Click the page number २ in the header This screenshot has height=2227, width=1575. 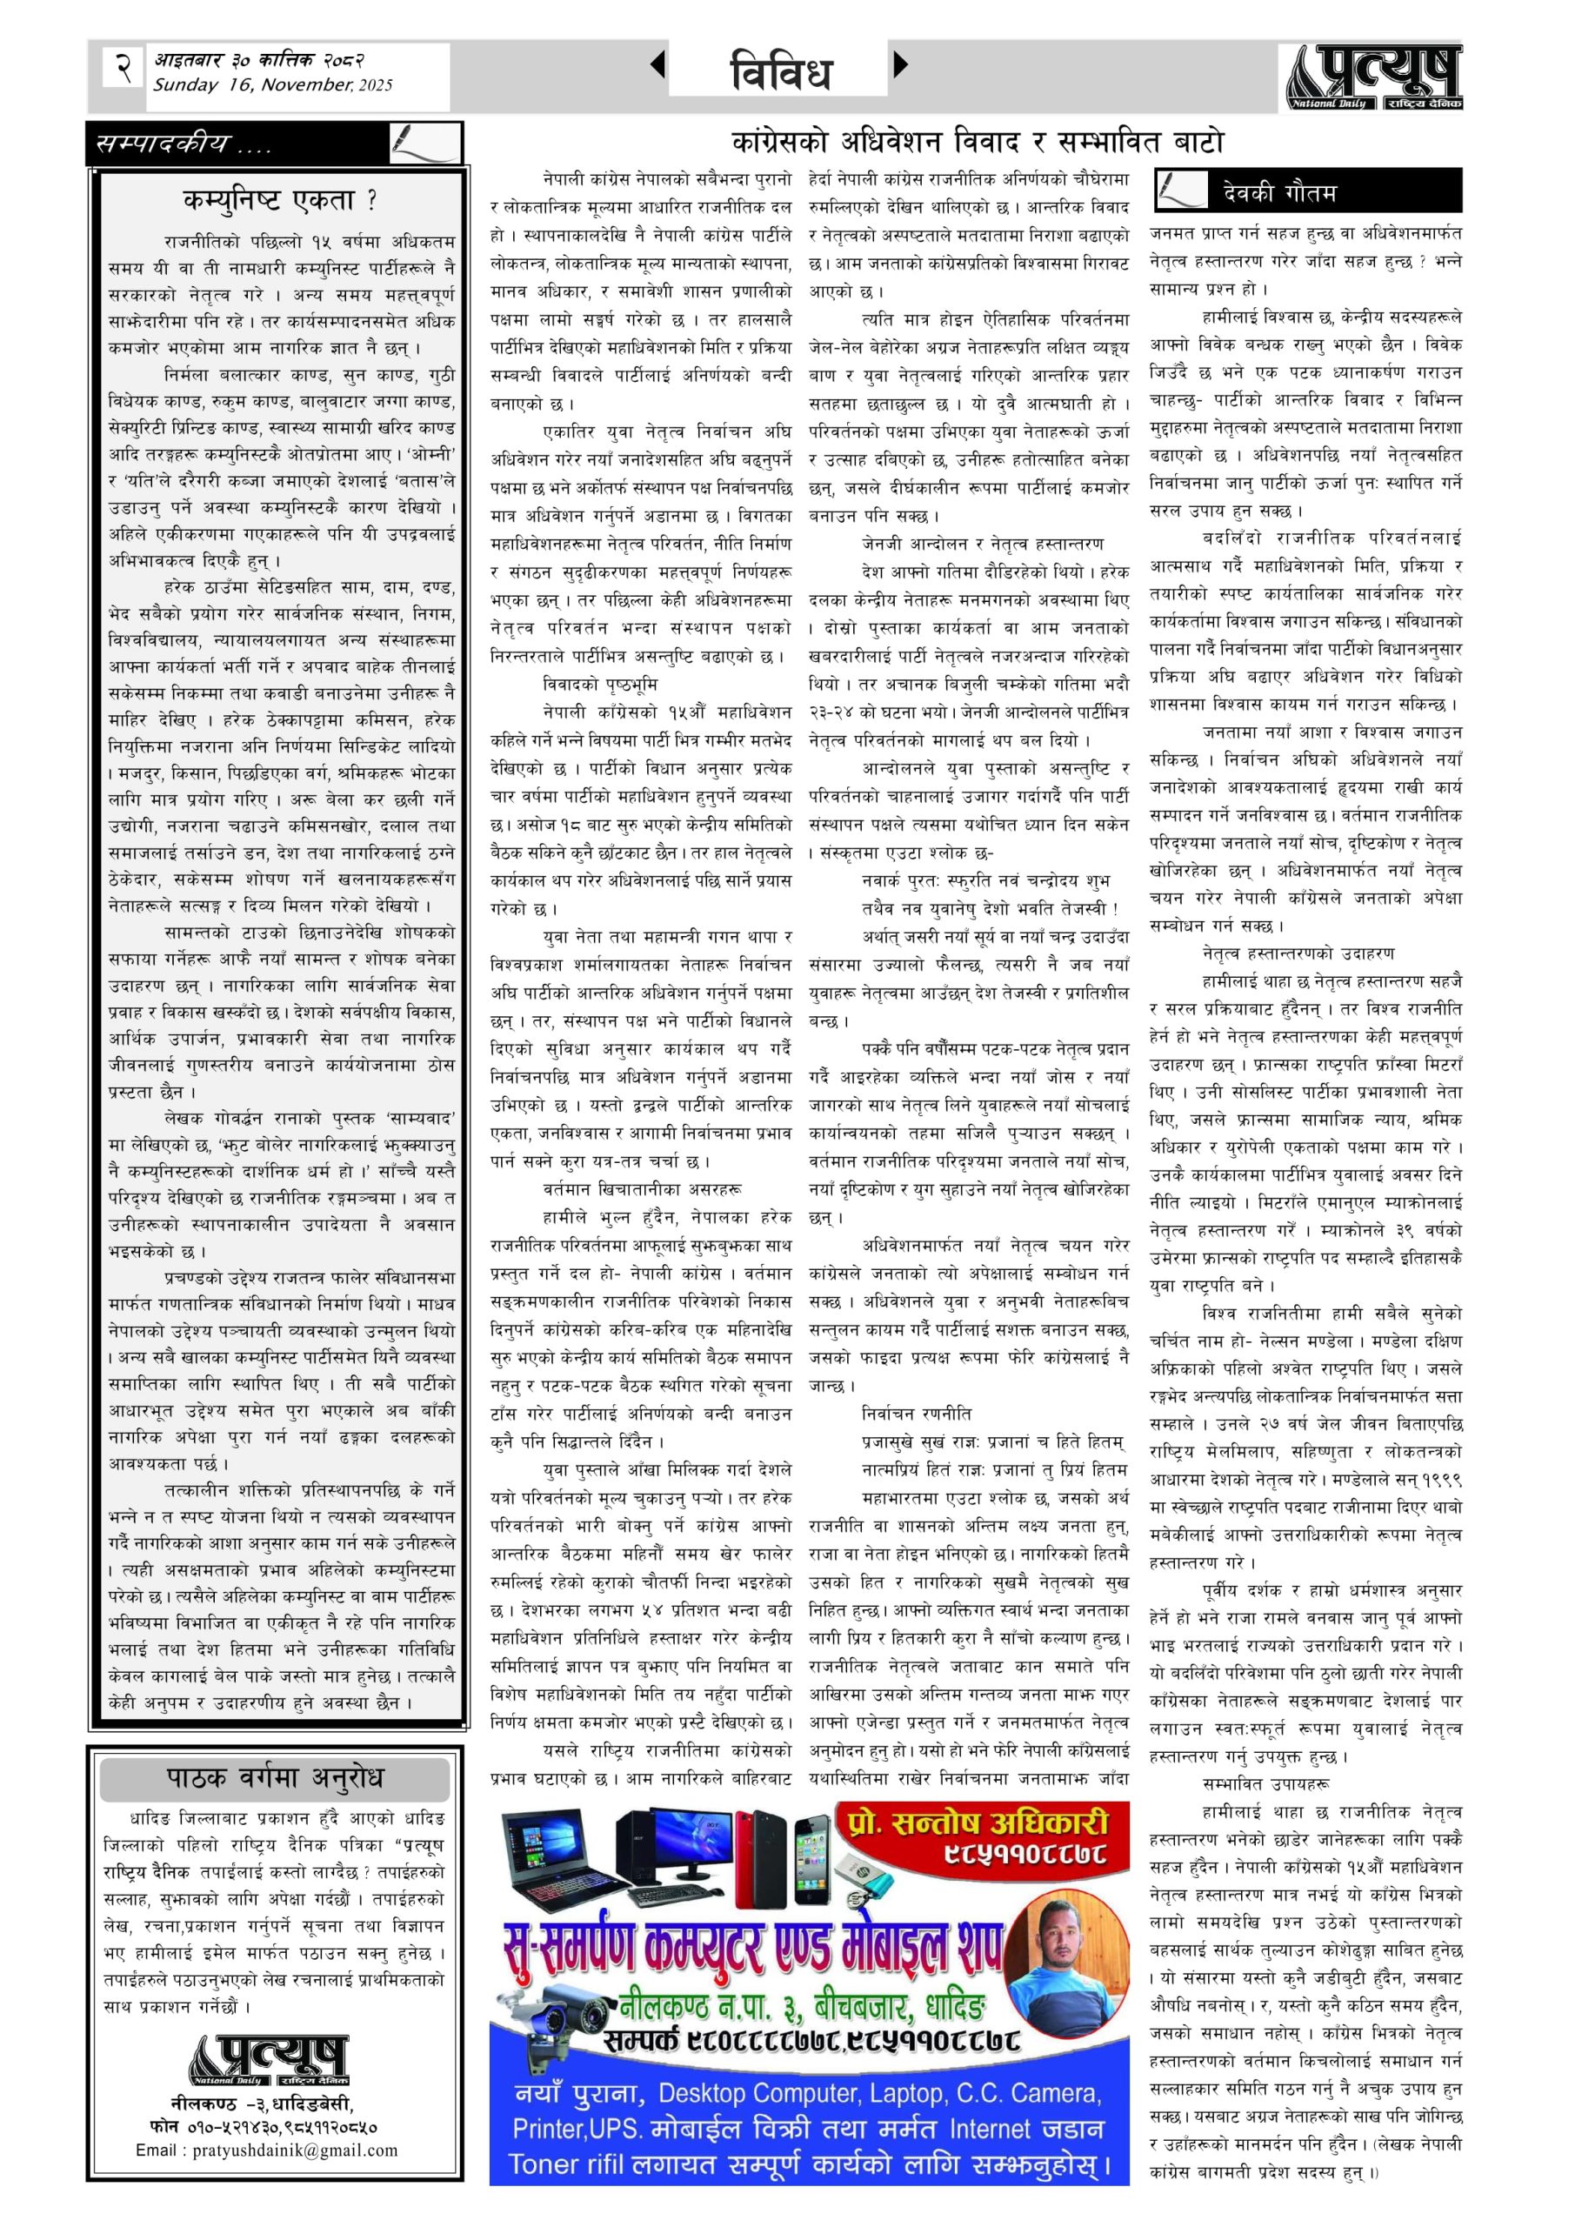(123, 68)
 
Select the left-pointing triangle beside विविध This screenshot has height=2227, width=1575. (657, 65)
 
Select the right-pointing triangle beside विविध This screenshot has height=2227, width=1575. (901, 65)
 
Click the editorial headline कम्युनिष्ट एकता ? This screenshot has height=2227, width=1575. (280, 201)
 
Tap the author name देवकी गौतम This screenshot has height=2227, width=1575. (1278, 192)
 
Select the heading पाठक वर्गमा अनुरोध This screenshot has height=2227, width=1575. (276, 1778)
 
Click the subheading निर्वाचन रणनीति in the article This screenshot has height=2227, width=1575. (917, 1414)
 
